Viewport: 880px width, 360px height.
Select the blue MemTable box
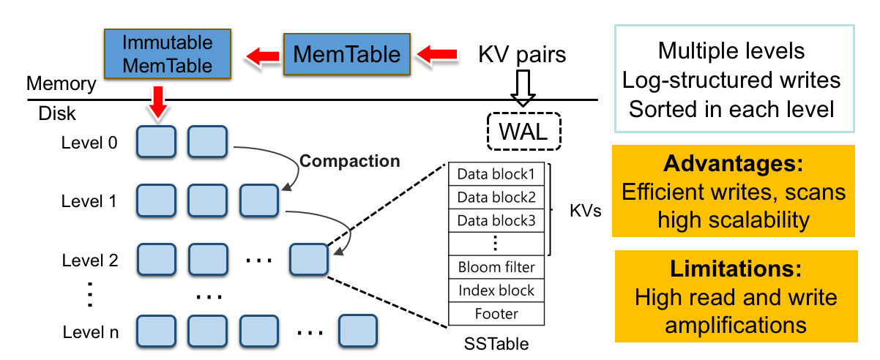click(x=347, y=53)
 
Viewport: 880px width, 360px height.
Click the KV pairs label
click(x=522, y=55)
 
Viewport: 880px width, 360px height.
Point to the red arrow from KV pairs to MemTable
click(x=436, y=54)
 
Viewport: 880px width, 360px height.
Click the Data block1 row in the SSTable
click(x=496, y=175)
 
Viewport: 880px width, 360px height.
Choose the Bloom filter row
click(x=496, y=267)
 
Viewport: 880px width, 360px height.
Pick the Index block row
click(x=496, y=290)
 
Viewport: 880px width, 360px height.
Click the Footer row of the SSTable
click(x=496, y=314)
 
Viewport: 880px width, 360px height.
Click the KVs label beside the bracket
click(x=585, y=211)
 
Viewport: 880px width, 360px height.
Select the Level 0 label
click(x=89, y=143)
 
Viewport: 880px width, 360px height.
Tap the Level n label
click(x=89, y=334)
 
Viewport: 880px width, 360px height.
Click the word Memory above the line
click(x=61, y=84)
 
